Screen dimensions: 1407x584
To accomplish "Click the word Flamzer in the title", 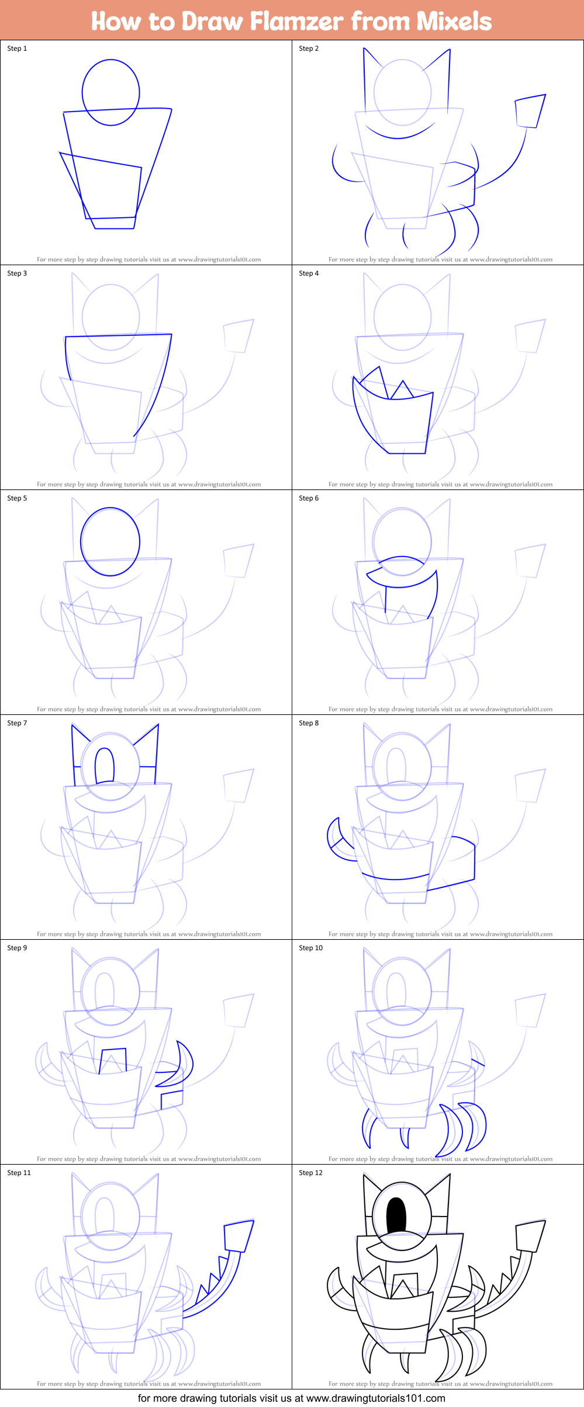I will coord(296,21).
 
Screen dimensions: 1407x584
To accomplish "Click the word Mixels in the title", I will coord(454,21).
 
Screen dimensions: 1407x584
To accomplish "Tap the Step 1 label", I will coord(17,48).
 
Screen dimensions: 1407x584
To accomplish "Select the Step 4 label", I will coord(309,273).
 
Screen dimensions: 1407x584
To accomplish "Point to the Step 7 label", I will coord(17,723).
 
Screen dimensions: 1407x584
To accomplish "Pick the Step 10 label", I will coord(310,948).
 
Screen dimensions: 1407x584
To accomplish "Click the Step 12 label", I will coord(310,1173).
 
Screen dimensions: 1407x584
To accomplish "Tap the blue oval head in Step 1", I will coord(110,92).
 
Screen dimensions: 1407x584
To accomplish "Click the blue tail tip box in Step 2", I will coord(530,111).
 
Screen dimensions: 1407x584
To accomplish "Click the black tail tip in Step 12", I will coord(530,1236).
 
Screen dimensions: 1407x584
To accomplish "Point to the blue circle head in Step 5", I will coord(110,542).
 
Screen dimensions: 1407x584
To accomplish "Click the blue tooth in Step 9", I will coord(113,1060).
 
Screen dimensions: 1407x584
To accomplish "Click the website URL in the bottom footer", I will coord(375,1398).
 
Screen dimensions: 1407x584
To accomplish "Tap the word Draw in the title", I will coord(213,21).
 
